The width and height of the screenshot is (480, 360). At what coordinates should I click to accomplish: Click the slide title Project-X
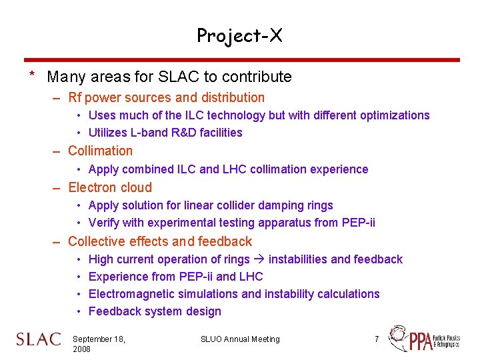coord(239,35)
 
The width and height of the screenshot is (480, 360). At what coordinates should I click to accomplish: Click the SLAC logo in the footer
coord(39,339)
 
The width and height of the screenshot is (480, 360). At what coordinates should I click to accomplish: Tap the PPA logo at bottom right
coord(425,339)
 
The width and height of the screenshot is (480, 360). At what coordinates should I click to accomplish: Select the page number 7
coord(377,339)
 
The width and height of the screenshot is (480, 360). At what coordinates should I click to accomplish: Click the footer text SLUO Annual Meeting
coord(240,339)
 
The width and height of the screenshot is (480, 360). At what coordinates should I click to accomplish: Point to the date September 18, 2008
coord(98,344)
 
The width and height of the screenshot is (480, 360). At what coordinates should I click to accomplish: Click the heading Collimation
coord(100,151)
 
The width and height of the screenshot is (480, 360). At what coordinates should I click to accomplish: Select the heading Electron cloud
coord(110,188)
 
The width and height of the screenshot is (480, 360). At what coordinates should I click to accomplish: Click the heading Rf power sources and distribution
coord(166,98)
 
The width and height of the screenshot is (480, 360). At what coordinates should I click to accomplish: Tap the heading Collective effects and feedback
coord(160,242)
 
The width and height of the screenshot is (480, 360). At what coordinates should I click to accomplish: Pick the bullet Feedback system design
coord(155,311)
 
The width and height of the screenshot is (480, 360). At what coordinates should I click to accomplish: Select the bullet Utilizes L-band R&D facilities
coord(165,133)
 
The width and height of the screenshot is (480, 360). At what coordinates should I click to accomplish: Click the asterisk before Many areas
coord(31,75)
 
